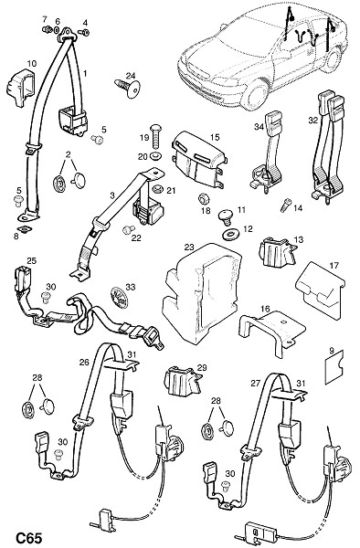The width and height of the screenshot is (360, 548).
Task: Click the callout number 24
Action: coord(131,76)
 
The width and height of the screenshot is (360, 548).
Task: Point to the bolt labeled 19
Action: coord(155,137)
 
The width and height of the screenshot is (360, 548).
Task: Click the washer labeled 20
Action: coord(154,156)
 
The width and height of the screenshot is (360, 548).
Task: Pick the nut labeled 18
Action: coord(204,200)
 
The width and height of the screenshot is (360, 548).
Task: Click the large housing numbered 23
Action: coord(201,293)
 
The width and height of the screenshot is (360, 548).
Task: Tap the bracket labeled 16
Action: coord(272,332)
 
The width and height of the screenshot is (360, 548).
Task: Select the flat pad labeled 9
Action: coord(334,368)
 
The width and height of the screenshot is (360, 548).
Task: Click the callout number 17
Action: coord(334,266)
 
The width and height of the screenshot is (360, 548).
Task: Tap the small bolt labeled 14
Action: coord(286,205)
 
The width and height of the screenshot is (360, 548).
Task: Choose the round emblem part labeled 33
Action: coord(118,296)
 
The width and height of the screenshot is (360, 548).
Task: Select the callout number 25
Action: coord(31,260)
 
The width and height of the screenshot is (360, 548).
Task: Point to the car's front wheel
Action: coord(257,94)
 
